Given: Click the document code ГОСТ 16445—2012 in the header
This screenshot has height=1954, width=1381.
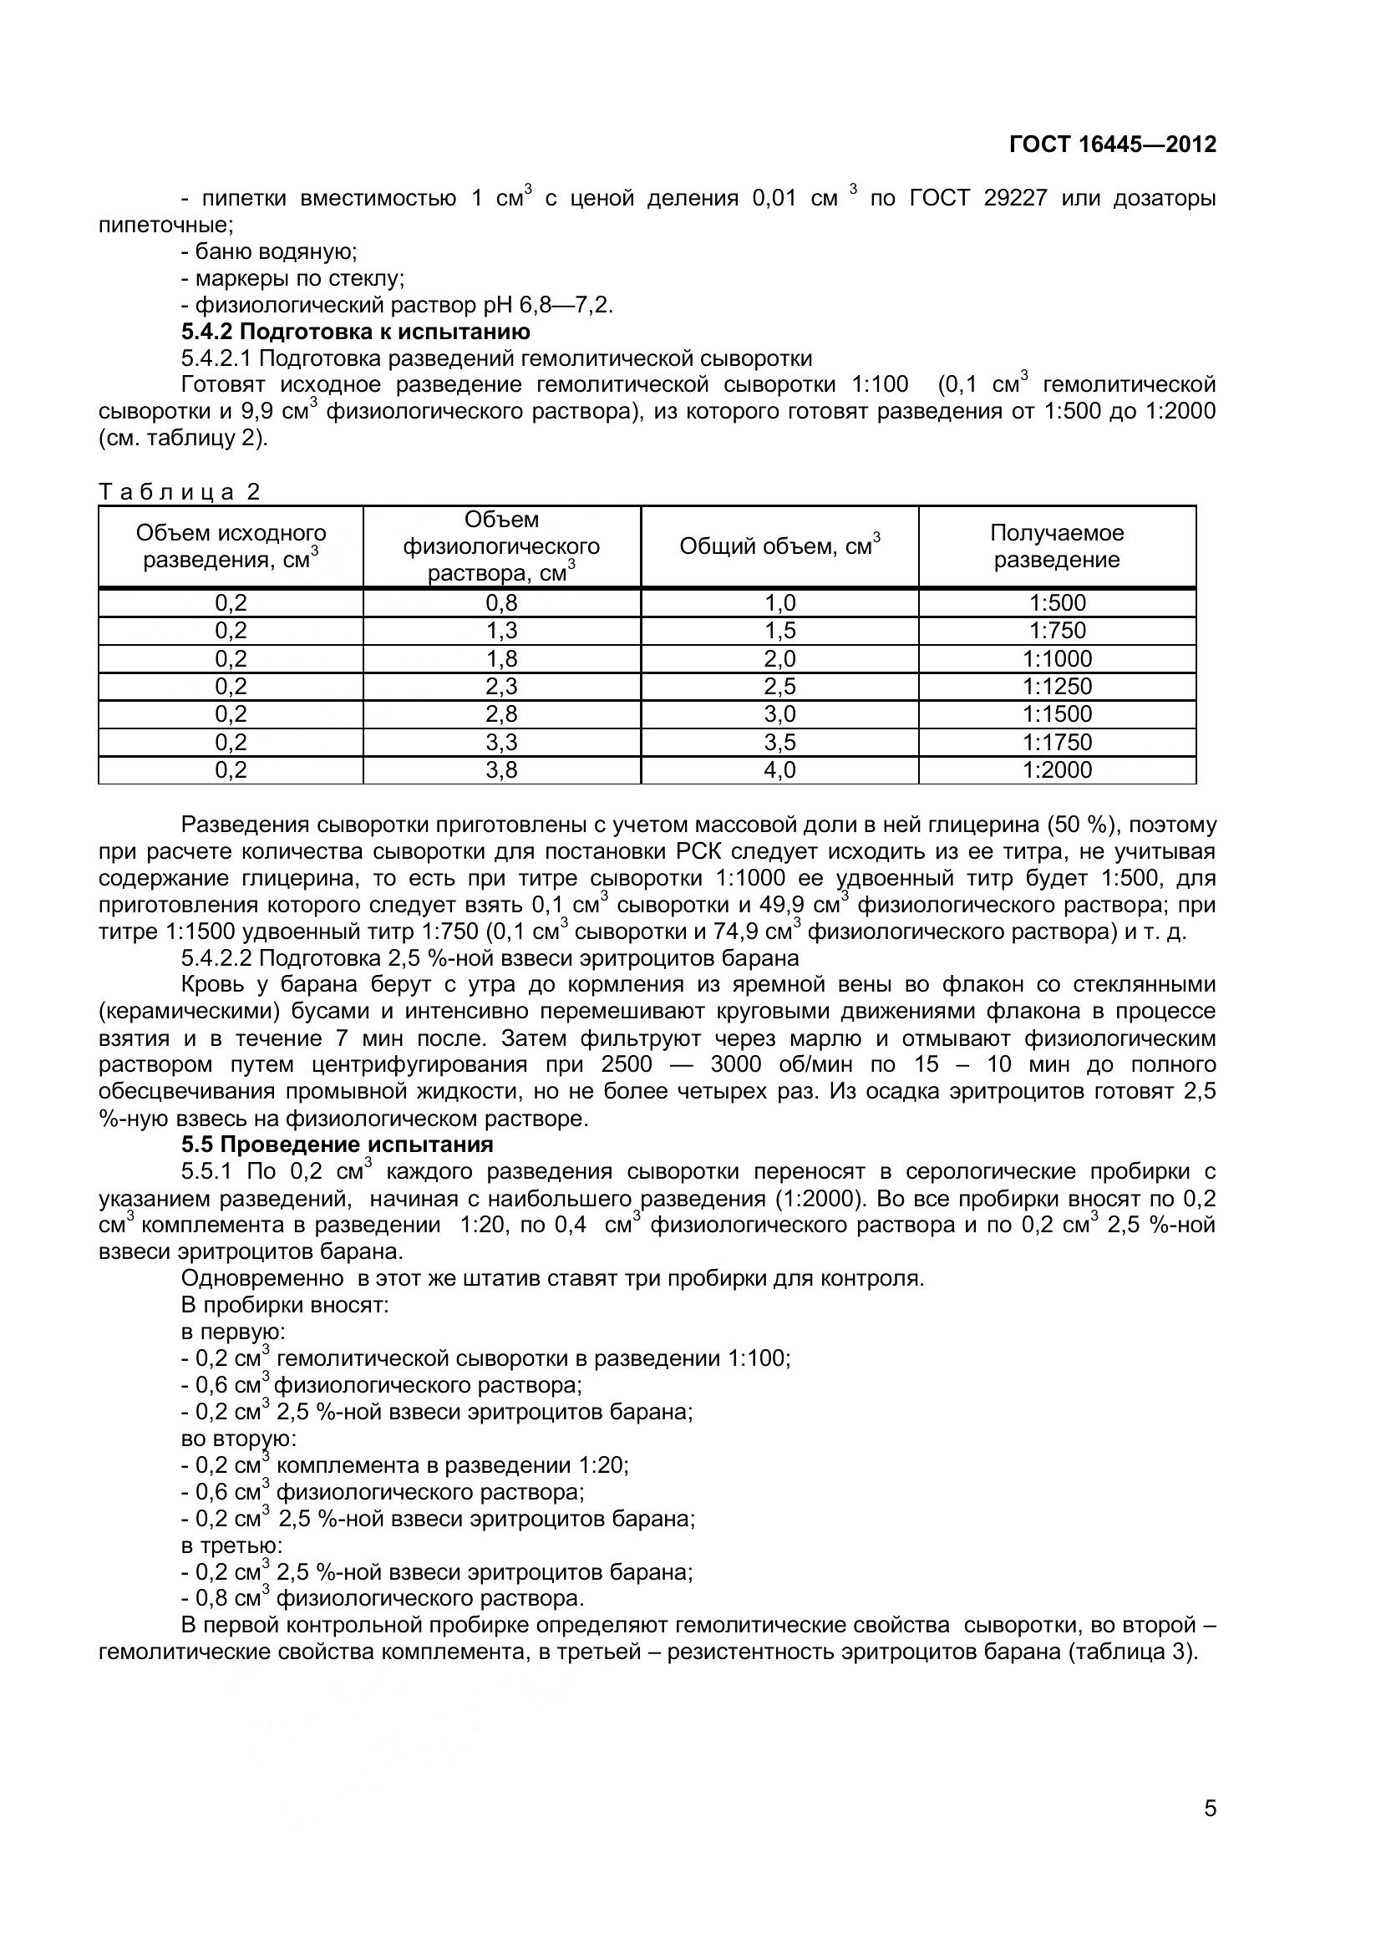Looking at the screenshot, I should pyautogui.click(x=1112, y=144).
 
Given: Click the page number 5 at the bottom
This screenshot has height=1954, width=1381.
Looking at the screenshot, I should pyautogui.click(x=1210, y=1831).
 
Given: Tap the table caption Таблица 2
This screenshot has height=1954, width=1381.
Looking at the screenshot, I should pyautogui.click(x=180, y=491).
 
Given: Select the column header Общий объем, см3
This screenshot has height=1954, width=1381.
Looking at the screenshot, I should pyautogui.click(x=779, y=546).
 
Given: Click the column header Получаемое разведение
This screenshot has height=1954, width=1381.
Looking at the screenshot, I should pyautogui.click(x=1057, y=546).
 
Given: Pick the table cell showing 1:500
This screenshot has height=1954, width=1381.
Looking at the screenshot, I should pyautogui.click(x=1057, y=603).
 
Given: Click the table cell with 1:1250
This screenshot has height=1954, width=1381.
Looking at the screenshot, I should pyautogui.click(x=1057, y=686).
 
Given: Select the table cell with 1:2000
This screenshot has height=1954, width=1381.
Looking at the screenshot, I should pyautogui.click(x=1057, y=769).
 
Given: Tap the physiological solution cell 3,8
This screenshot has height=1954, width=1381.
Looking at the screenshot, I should pyautogui.click(x=501, y=769).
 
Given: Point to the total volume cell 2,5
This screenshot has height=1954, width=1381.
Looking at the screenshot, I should pyautogui.click(x=779, y=686).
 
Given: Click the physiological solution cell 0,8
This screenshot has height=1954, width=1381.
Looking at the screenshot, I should pyautogui.click(x=501, y=603).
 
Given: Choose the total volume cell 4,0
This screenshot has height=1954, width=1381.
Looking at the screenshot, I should pyautogui.click(x=779, y=769).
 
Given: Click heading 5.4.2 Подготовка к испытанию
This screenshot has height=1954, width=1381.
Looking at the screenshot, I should pyautogui.click(x=356, y=331).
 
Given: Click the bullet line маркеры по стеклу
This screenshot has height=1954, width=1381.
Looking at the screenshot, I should pyautogui.click(x=292, y=278).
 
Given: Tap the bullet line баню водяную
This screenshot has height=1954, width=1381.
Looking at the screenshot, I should pyautogui.click(x=269, y=252).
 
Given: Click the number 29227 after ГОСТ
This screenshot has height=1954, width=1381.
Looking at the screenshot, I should pyautogui.click(x=1015, y=198).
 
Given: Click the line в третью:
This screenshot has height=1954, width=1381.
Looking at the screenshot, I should pyautogui.click(x=231, y=1545).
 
